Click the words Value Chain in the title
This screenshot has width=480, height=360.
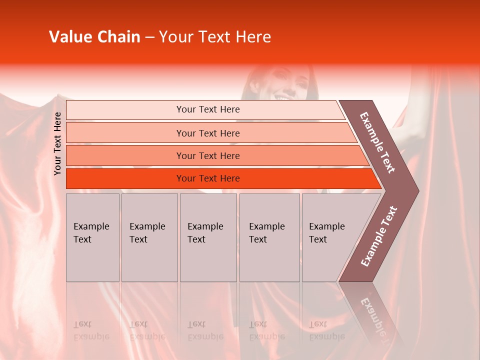94,37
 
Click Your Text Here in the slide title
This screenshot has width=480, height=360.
215,37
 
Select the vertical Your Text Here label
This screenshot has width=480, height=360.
57,143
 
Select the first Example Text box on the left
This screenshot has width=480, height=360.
92,237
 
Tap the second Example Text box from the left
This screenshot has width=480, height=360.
149,237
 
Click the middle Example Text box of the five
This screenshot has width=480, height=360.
208,237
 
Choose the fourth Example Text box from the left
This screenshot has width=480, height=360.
269,237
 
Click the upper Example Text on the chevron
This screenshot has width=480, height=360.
377,142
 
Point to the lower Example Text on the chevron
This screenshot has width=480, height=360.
379,236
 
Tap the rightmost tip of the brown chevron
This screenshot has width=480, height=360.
418,190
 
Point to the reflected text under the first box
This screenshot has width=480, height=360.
91,330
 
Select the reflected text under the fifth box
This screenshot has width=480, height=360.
326,330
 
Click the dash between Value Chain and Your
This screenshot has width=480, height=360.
149,37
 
